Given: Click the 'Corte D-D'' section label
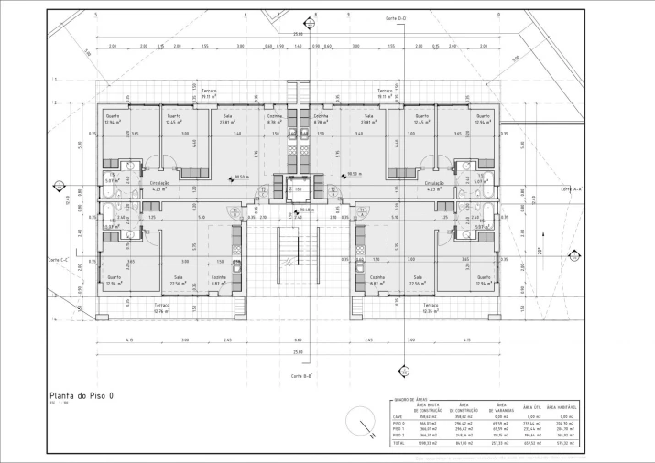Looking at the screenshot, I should click(x=396, y=18).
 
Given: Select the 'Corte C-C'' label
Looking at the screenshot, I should click(x=59, y=260).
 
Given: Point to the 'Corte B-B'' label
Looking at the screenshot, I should click(x=303, y=376).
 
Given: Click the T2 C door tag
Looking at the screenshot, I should click(x=263, y=192).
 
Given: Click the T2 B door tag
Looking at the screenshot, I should click(x=333, y=192).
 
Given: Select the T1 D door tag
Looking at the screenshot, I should click(x=235, y=210).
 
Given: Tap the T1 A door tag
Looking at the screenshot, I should click(x=362, y=210).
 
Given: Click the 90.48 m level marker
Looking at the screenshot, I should click(x=307, y=209).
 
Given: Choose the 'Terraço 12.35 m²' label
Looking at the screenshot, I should click(x=431, y=308).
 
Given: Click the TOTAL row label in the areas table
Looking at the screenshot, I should click(x=398, y=442).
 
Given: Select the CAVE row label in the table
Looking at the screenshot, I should click(x=398, y=416).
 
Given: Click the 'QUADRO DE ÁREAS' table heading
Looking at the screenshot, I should click(x=409, y=400).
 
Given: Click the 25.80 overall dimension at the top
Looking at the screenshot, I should click(x=298, y=34).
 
